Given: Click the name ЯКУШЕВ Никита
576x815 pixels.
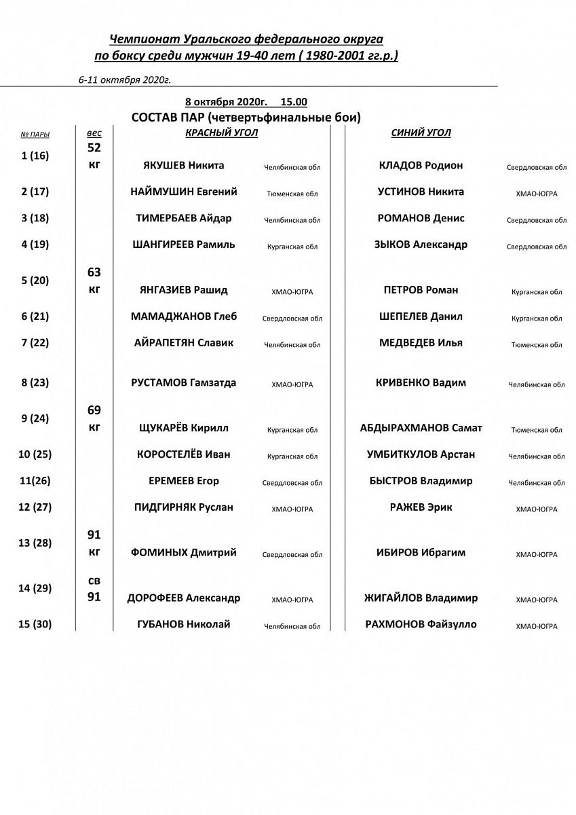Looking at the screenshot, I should coord(183,166).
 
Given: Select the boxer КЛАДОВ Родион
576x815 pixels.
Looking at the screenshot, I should coord(421,166).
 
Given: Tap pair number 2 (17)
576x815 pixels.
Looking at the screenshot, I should coord(35,192).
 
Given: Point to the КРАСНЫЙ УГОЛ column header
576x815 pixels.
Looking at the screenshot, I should coord(221,133).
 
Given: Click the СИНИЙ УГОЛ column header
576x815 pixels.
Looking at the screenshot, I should coord(421,133).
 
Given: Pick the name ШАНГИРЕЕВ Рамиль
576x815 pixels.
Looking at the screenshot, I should coord(184,245).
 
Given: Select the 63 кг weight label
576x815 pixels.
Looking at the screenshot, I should coord(94,280).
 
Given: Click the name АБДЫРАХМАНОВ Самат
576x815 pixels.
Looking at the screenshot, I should coord(421,429).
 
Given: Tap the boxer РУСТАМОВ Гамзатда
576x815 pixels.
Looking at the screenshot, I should coord(183,383).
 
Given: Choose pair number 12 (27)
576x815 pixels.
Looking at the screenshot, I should coord(35,507).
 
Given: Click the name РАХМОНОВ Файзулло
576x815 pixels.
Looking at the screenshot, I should coord(421,625).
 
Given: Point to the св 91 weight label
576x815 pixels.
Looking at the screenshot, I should coord(94,589).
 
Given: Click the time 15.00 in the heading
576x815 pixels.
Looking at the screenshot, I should coord(294,102).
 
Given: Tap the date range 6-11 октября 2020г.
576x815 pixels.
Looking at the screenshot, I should coord(124,79).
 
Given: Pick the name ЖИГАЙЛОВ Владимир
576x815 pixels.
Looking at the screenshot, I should coord(421,598).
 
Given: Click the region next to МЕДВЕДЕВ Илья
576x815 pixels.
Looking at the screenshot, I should coord(537,345).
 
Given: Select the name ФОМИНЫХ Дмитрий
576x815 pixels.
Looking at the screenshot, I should coord(183,553).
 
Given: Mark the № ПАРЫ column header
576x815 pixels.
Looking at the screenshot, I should coord(35,134).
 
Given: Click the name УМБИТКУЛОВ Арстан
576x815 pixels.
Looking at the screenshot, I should coord(421,455).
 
